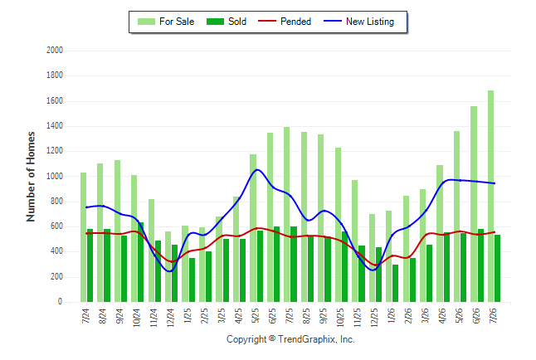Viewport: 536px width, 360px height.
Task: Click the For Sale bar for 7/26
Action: [x=490, y=197]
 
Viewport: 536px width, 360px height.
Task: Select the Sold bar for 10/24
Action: [x=140, y=262]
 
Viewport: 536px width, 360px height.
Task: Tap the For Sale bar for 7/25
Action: [x=286, y=215]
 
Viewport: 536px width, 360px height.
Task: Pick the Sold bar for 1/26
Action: [x=395, y=284]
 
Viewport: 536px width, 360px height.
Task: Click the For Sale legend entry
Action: [x=166, y=22]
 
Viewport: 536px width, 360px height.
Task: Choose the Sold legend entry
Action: [x=227, y=22]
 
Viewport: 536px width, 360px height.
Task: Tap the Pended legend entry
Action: [x=285, y=22]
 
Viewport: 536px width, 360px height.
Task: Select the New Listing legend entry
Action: [x=359, y=22]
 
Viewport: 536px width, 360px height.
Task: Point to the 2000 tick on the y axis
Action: [x=55, y=51]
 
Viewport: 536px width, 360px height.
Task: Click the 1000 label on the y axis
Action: [x=55, y=177]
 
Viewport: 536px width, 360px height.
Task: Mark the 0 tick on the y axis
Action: [x=61, y=302]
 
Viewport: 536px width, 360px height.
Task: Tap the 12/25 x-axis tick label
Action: [x=374, y=318]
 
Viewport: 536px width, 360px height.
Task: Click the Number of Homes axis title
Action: [x=31, y=177]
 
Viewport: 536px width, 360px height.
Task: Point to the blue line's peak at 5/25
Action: [x=257, y=169]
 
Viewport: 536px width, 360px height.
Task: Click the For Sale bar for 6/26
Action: [x=474, y=204]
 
